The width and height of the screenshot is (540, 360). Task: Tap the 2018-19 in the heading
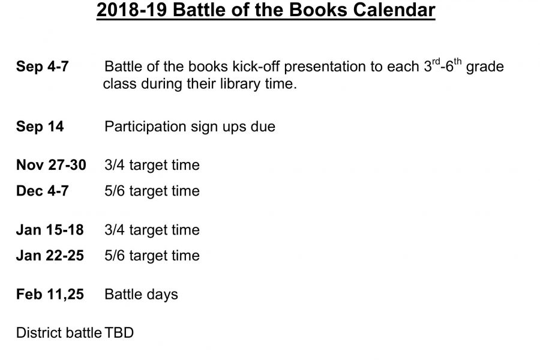(x=132, y=10)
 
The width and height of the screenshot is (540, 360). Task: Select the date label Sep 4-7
(x=43, y=66)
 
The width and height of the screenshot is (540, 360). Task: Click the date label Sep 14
(x=40, y=127)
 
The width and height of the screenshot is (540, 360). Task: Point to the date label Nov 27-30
(x=51, y=164)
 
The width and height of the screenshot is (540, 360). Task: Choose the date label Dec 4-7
(x=43, y=191)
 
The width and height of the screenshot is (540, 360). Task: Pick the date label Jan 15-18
(x=50, y=230)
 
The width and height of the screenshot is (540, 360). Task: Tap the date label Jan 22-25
(x=50, y=256)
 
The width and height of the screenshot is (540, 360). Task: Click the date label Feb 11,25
(x=50, y=294)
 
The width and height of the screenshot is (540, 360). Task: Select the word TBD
(x=119, y=333)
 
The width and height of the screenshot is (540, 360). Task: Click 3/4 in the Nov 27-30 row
(x=115, y=165)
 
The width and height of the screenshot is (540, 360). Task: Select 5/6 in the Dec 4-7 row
(x=115, y=191)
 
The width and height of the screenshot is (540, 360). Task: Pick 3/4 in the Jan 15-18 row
(x=115, y=230)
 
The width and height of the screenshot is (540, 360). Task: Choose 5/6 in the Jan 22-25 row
(x=115, y=256)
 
